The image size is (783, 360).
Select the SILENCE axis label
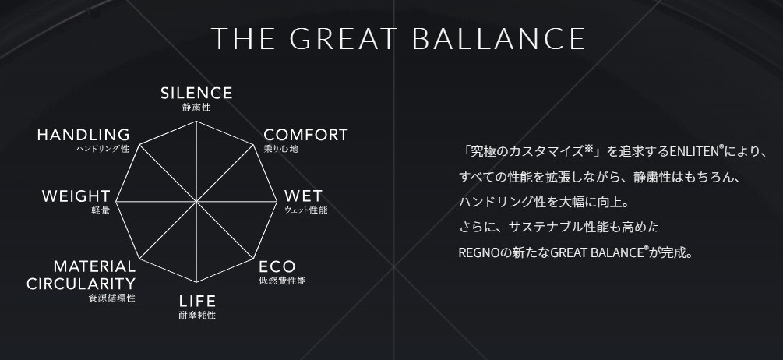196,94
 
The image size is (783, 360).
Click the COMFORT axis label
305,135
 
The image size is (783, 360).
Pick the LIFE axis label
196,302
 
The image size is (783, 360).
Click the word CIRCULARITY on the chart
81,283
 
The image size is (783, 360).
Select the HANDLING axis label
83,135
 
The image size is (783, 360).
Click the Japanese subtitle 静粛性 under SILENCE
196,108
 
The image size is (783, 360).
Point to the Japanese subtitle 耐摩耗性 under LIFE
196,316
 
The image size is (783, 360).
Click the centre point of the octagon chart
197,203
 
